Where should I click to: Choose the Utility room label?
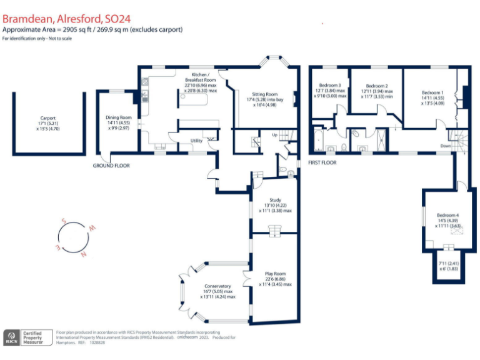click(x=196, y=141)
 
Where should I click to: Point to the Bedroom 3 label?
click(x=330, y=85)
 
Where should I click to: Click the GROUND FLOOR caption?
click(x=112, y=166)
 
